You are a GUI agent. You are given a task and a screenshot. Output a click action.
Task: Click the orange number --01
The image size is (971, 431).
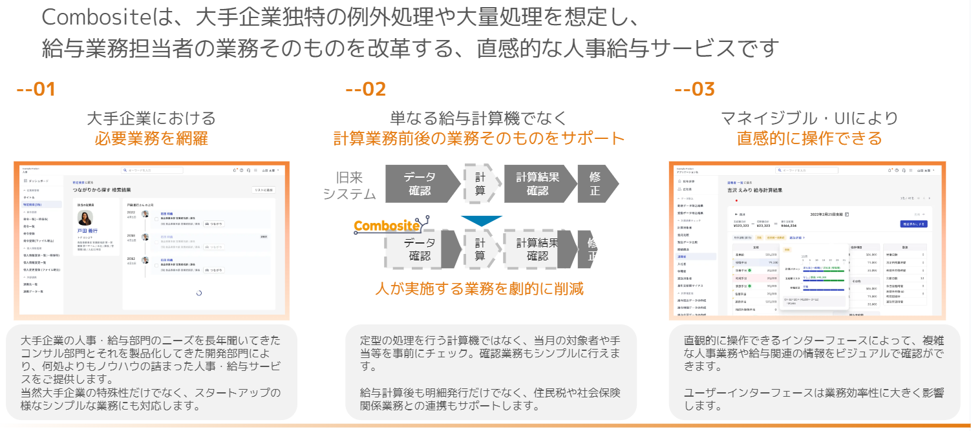[x=36, y=90]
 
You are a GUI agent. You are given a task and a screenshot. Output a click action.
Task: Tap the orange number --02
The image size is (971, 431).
[x=365, y=90]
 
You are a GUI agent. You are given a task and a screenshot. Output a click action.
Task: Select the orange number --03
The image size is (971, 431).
[x=694, y=90]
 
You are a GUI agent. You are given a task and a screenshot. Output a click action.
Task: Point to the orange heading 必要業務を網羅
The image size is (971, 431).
[x=151, y=138]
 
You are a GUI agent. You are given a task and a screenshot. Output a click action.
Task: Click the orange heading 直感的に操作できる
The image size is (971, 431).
[x=809, y=138]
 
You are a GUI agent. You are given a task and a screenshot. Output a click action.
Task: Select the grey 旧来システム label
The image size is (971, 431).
[x=349, y=185]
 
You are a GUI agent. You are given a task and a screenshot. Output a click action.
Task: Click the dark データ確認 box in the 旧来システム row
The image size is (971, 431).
[x=420, y=184]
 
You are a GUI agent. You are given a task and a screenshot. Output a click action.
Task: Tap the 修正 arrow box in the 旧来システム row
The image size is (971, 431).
[x=595, y=184]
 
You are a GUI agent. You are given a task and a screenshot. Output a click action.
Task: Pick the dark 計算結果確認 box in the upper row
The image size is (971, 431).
[x=537, y=184]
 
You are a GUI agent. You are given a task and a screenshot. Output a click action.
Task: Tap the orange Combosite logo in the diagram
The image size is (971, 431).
[x=387, y=226]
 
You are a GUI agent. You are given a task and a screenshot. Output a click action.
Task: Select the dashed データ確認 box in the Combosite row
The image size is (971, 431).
[x=420, y=249]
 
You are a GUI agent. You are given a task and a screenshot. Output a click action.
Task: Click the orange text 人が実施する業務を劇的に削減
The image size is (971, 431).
[x=479, y=288]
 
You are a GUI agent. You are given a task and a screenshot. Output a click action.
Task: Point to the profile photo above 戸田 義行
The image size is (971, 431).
[x=85, y=218]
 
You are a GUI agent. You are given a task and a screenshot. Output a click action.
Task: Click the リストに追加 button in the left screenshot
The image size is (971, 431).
[x=264, y=191]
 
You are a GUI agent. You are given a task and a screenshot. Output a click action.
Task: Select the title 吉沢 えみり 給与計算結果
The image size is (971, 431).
[x=755, y=191]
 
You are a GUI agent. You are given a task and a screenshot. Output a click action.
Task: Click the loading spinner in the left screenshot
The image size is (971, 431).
[x=198, y=293]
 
